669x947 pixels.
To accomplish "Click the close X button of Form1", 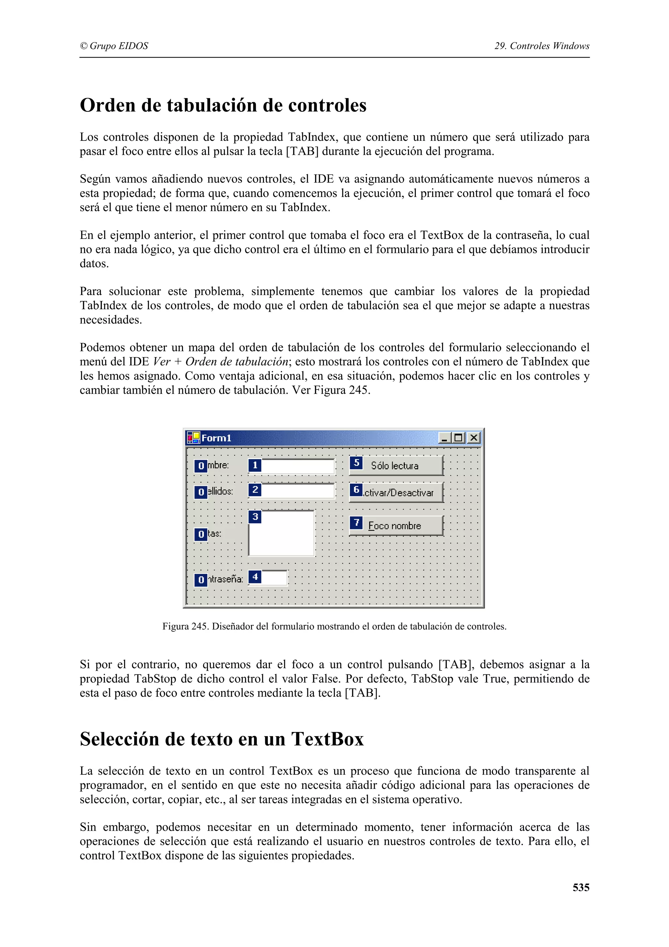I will tap(474, 438).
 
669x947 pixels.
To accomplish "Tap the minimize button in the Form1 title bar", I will tap(444, 438).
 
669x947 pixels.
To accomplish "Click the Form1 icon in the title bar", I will tap(193, 438).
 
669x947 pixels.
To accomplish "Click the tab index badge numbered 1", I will tap(255, 465).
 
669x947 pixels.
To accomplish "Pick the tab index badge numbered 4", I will tap(255, 577).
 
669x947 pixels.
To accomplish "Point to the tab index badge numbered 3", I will tap(255, 516).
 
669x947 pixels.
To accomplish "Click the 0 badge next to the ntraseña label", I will tap(201, 579).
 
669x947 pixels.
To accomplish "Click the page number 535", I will tap(580, 887).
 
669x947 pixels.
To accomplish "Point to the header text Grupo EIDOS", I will tap(119, 46).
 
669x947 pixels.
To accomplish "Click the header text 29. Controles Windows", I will tap(542, 46).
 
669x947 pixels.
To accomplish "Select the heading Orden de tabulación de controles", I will tap(223, 105).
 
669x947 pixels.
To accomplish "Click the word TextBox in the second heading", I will tap(327, 739).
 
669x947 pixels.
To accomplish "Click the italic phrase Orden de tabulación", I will tap(237, 362).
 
